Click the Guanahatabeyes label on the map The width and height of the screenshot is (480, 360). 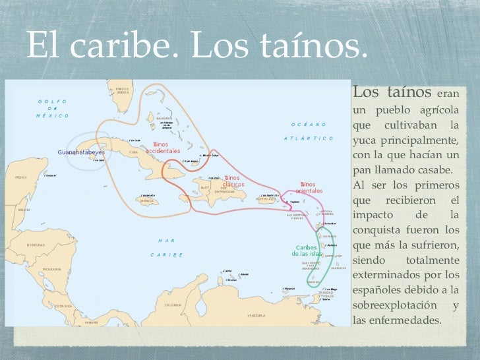click(x=81, y=152)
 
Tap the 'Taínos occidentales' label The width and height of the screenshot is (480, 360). click(x=163, y=147)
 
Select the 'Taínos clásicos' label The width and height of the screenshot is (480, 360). click(x=234, y=181)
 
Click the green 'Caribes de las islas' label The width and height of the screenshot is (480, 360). click(x=307, y=251)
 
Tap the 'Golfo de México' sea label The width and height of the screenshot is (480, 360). click(x=52, y=108)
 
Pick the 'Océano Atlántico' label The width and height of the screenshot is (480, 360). click(x=310, y=131)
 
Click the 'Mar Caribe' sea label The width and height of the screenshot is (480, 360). click(x=165, y=247)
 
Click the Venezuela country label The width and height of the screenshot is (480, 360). click(x=255, y=316)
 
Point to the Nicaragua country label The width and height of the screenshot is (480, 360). click(x=51, y=269)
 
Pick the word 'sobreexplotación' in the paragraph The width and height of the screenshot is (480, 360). click(x=394, y=305)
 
